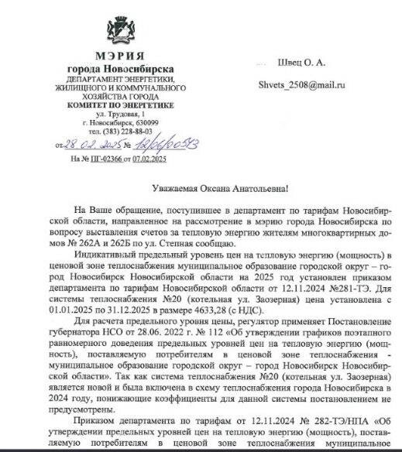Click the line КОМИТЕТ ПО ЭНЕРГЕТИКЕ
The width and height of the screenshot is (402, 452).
[x=119, y=104]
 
